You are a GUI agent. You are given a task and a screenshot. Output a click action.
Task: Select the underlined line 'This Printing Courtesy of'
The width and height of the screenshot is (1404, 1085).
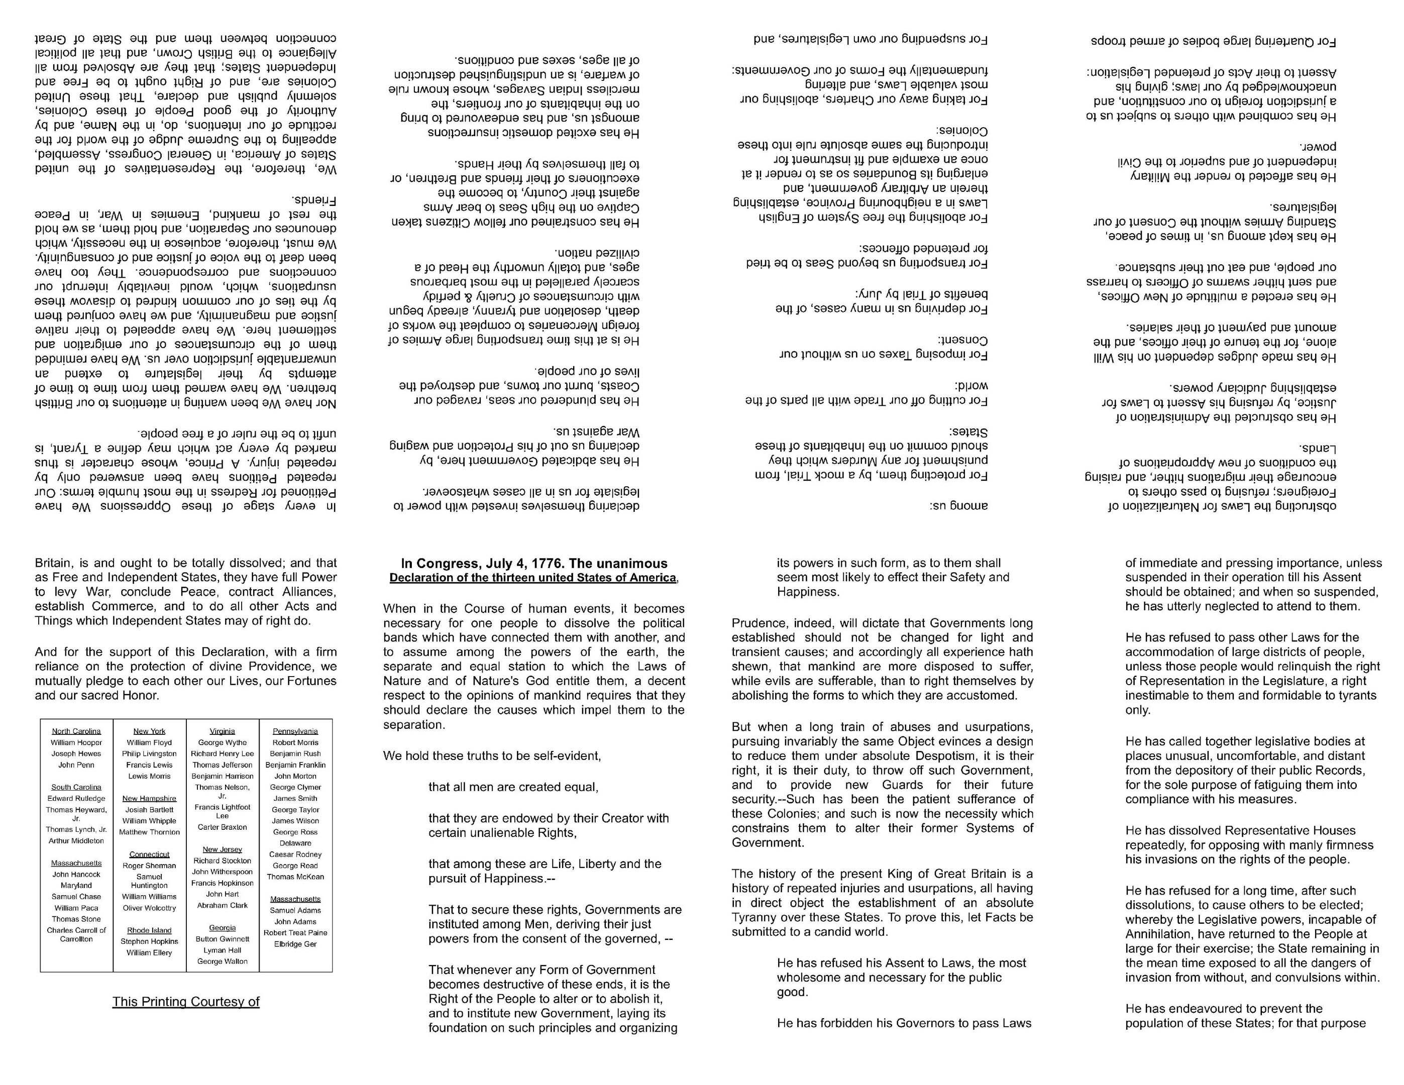point(186,1002)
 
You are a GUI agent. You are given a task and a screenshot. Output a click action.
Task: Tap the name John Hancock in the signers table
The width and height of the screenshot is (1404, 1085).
point(76,874)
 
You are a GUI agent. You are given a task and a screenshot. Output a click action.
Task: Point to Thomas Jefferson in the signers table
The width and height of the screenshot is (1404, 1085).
point(223,765)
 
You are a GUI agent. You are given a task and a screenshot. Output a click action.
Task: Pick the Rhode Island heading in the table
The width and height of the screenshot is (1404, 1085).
point(149,930)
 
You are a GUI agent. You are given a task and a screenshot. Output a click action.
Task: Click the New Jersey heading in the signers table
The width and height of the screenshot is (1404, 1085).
point(223,849)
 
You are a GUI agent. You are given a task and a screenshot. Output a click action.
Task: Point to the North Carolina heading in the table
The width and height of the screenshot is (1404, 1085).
point(76,731)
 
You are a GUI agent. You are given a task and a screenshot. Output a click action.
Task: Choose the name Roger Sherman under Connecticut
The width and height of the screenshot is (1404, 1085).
point(149,866)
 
